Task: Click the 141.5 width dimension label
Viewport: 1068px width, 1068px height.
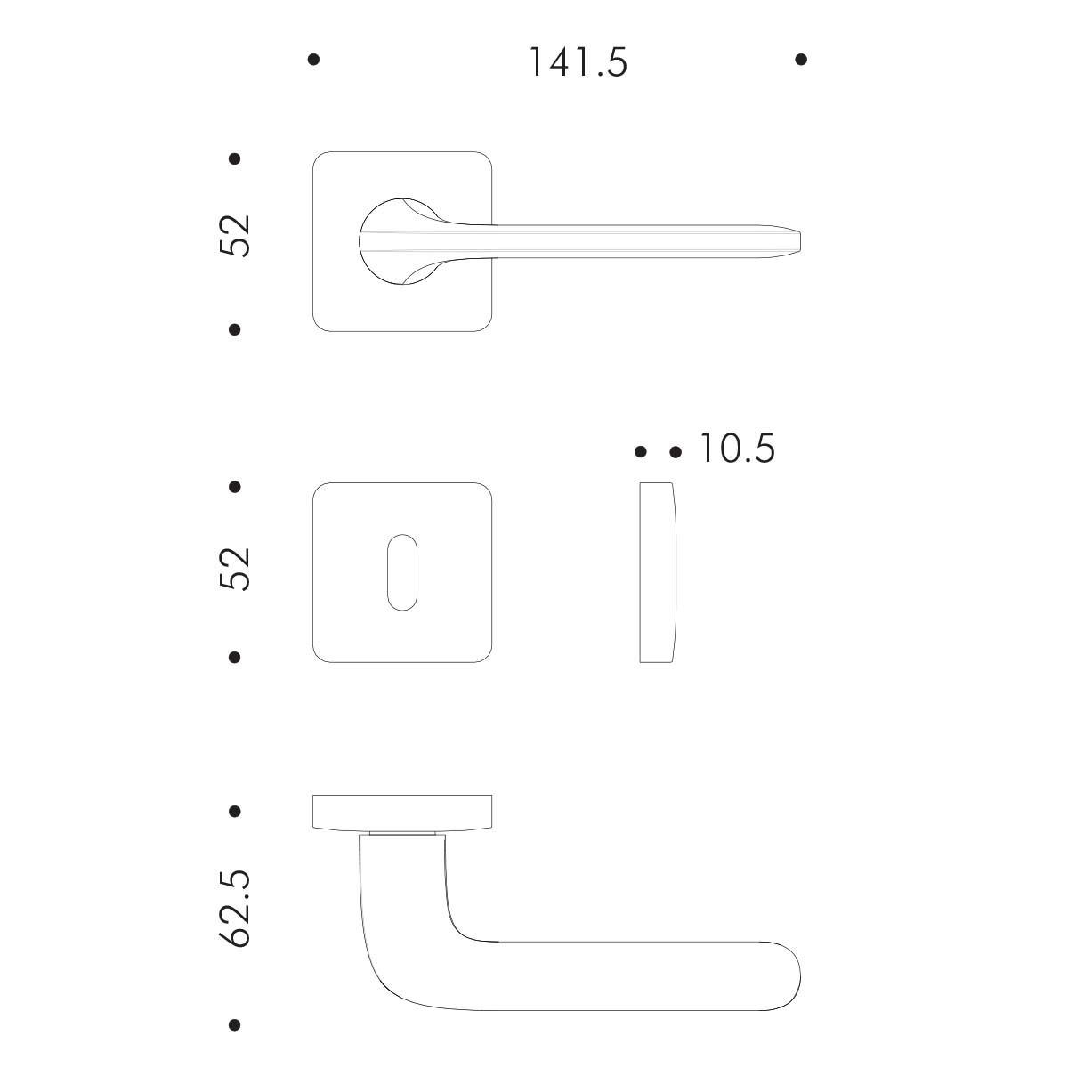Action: (x=578, y=61)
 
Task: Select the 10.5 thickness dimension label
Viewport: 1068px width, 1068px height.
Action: (x=737, y=448)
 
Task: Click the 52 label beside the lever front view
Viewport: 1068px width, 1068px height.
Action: (x=235, y=235)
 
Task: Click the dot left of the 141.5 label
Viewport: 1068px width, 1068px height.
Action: (x=313, y=60)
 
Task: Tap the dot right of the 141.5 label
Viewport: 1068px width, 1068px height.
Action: (x=801, y=60)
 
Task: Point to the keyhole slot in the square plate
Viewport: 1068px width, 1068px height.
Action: (x=401, y=572)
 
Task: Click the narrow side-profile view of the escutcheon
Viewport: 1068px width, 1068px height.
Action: (x=658, y=572)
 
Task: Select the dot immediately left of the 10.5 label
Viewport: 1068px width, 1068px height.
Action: (x=676, y=452)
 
